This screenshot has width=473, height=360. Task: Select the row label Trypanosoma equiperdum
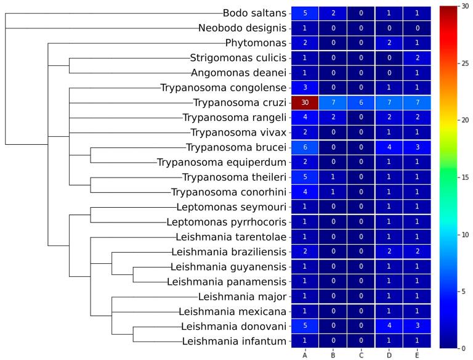click(222, 162)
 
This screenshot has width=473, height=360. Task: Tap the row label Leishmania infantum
click(235, 341)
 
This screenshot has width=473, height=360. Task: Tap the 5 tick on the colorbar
click(461, 291)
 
